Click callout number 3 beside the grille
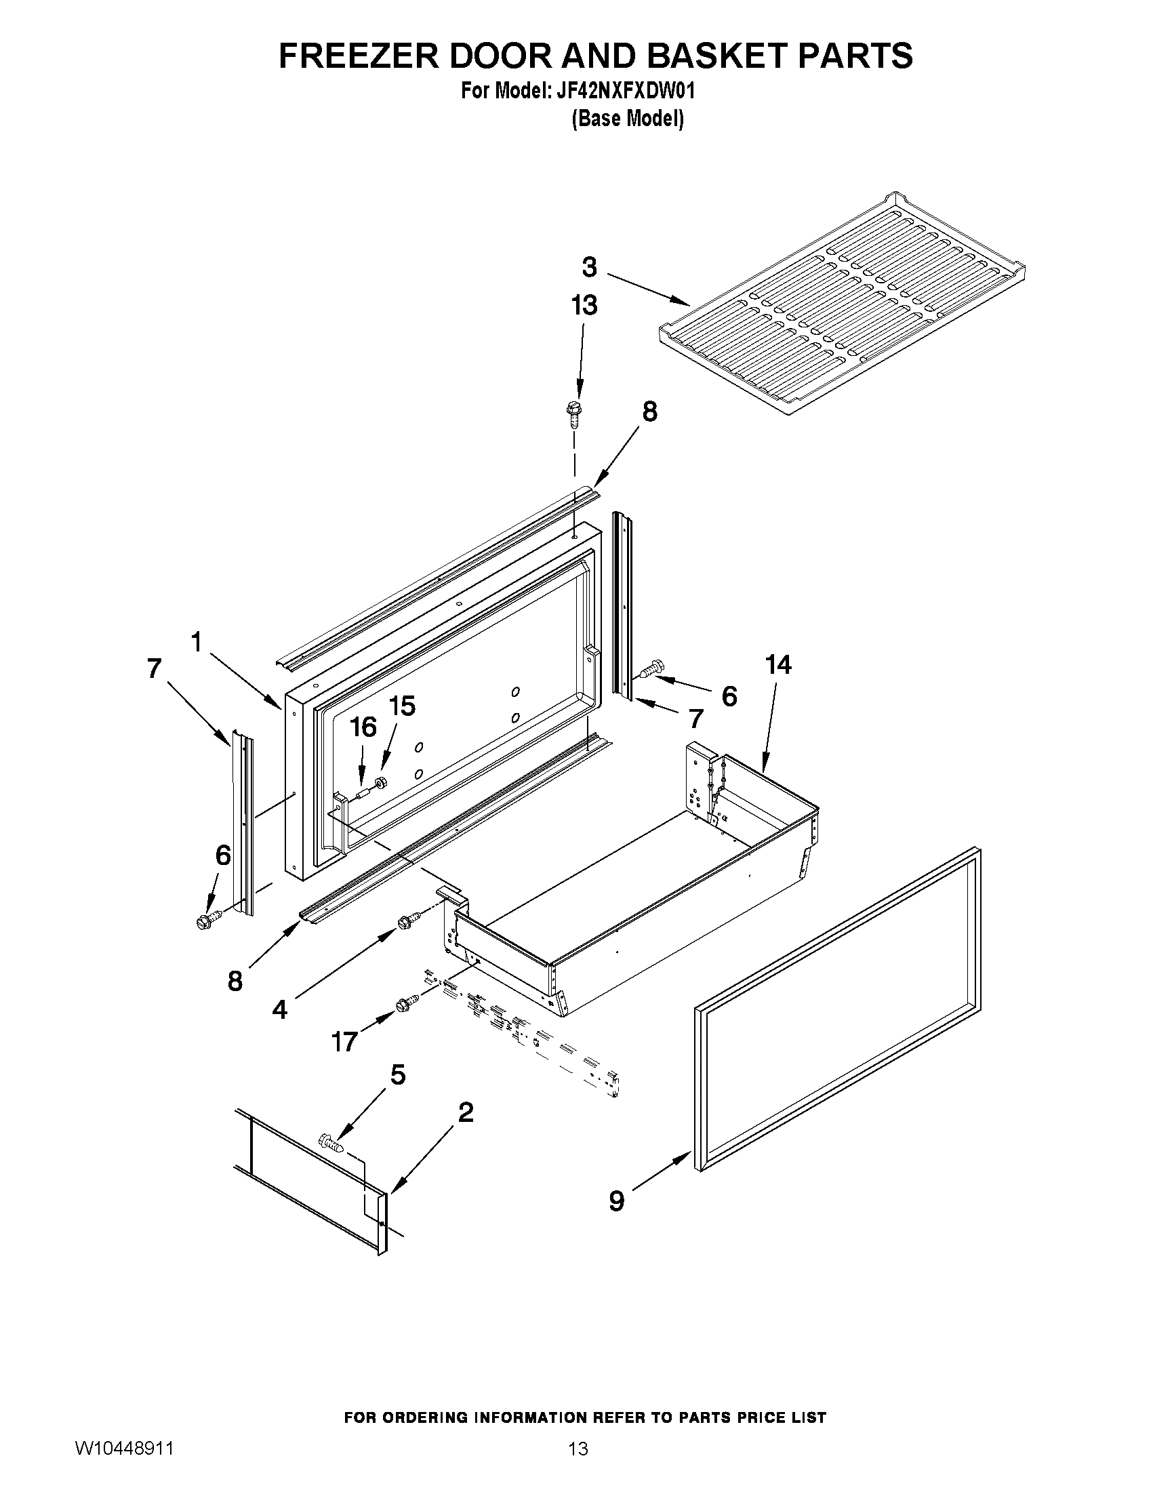point(590,267)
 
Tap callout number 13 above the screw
point(584,305)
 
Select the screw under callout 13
point(572,414)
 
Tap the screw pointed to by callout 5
point(330,1141)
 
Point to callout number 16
point(363,727)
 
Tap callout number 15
point(402,706)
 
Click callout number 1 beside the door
point(196,642)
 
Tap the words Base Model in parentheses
point(627,119)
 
